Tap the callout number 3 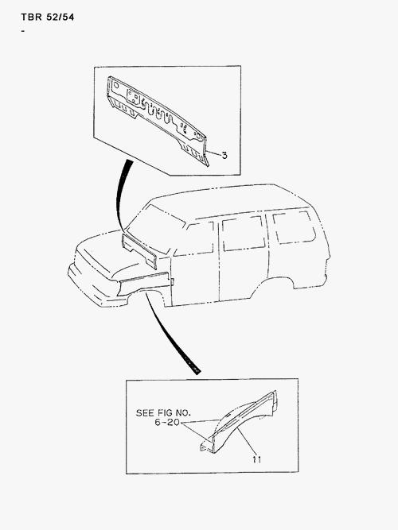[225, 155]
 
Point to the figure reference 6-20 [167, 424]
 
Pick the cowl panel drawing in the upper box [159, 115]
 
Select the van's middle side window [243, 231]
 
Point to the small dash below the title [24, 31]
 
